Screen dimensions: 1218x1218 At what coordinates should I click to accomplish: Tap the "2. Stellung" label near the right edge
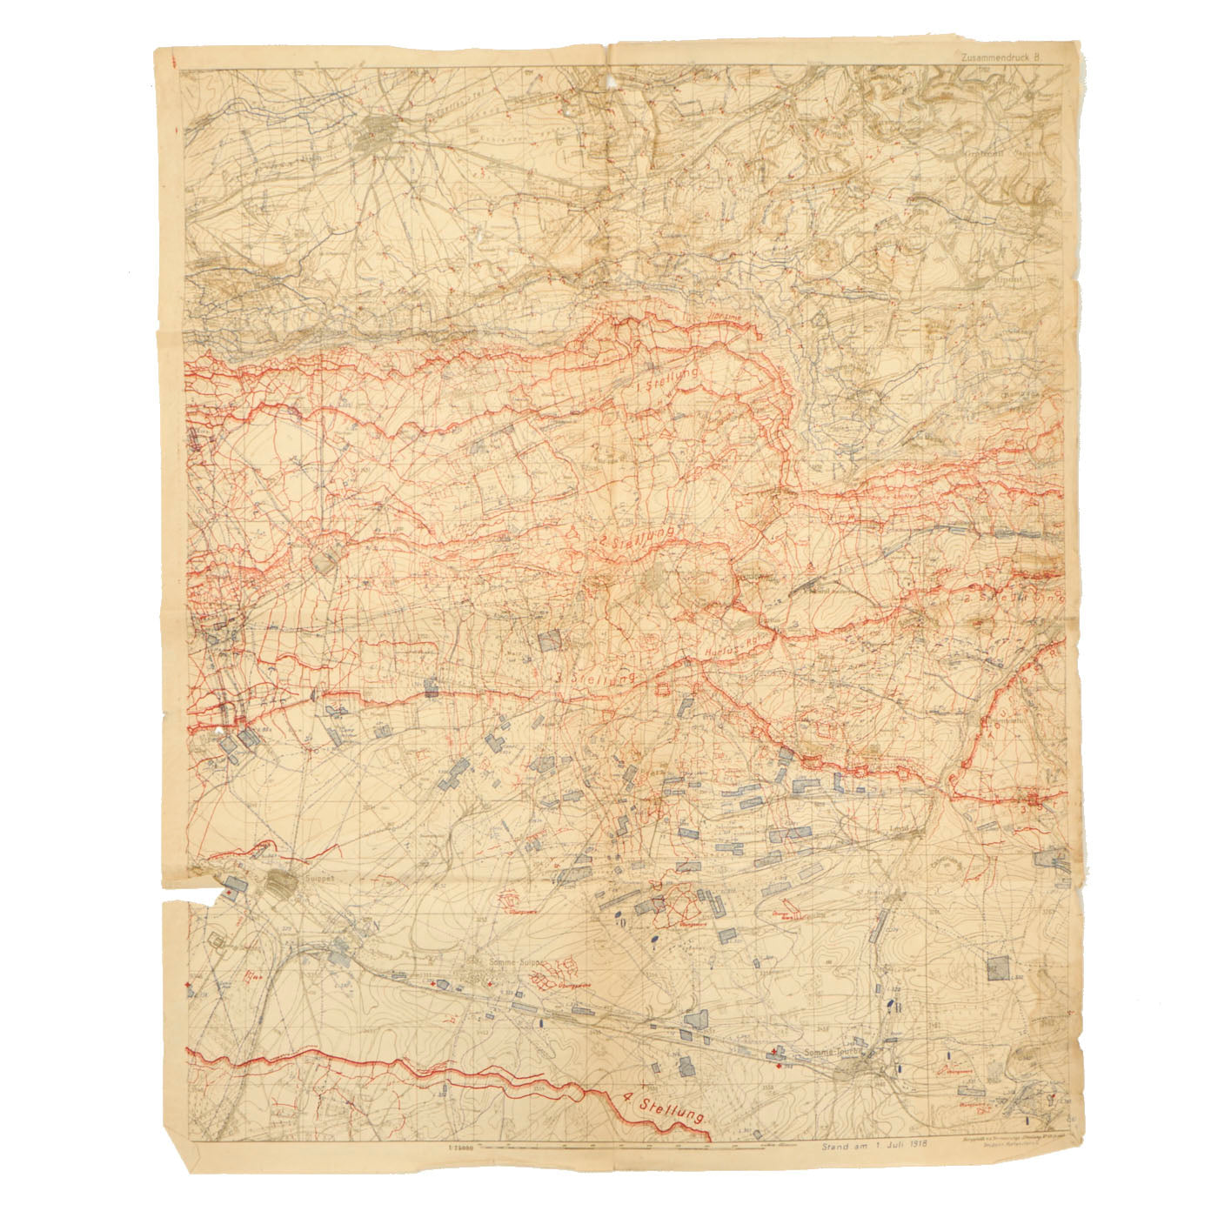point(1009,599)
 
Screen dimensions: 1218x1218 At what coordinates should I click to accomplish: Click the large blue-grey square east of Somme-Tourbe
point(1000,967)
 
